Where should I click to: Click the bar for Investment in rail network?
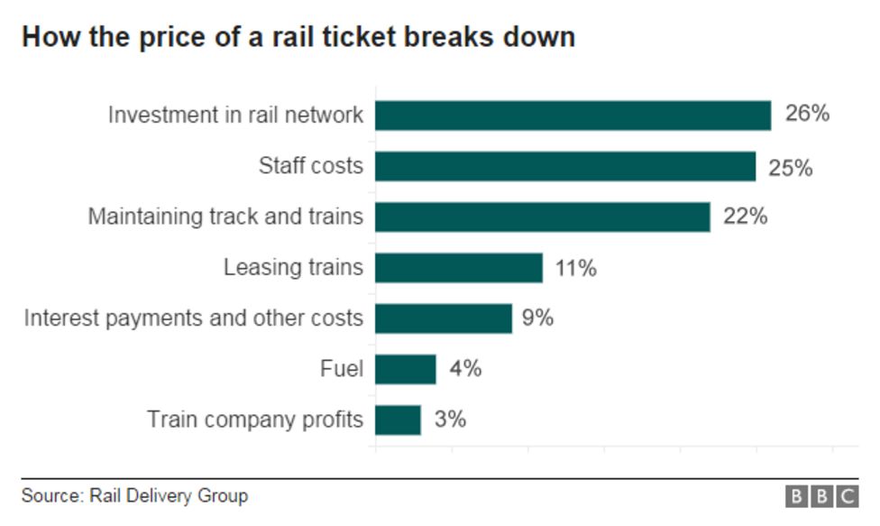click(573, 115)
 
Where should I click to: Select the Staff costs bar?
click(565, 166)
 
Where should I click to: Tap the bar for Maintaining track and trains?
click(543, 217)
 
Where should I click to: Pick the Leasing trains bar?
click(459, 268)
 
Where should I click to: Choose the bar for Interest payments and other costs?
click(444, 318)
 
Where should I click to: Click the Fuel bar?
click(406, 369)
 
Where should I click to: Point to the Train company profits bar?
click(398, 420)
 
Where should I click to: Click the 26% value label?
click(807, 115)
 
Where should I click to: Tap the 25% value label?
click(791, 167)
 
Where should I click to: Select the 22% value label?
click(745, 217)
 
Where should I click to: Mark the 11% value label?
click(575, 268)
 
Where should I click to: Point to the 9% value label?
click(537, 318)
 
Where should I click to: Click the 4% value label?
click(465, 369)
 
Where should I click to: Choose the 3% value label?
click(450, 420)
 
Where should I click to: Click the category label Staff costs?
click(311, 166)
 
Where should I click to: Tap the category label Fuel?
click(342, 369)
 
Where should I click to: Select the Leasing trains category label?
click(293, 268)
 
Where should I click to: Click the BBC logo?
click(821, 496)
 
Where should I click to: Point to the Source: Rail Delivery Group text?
click(134, 496)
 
